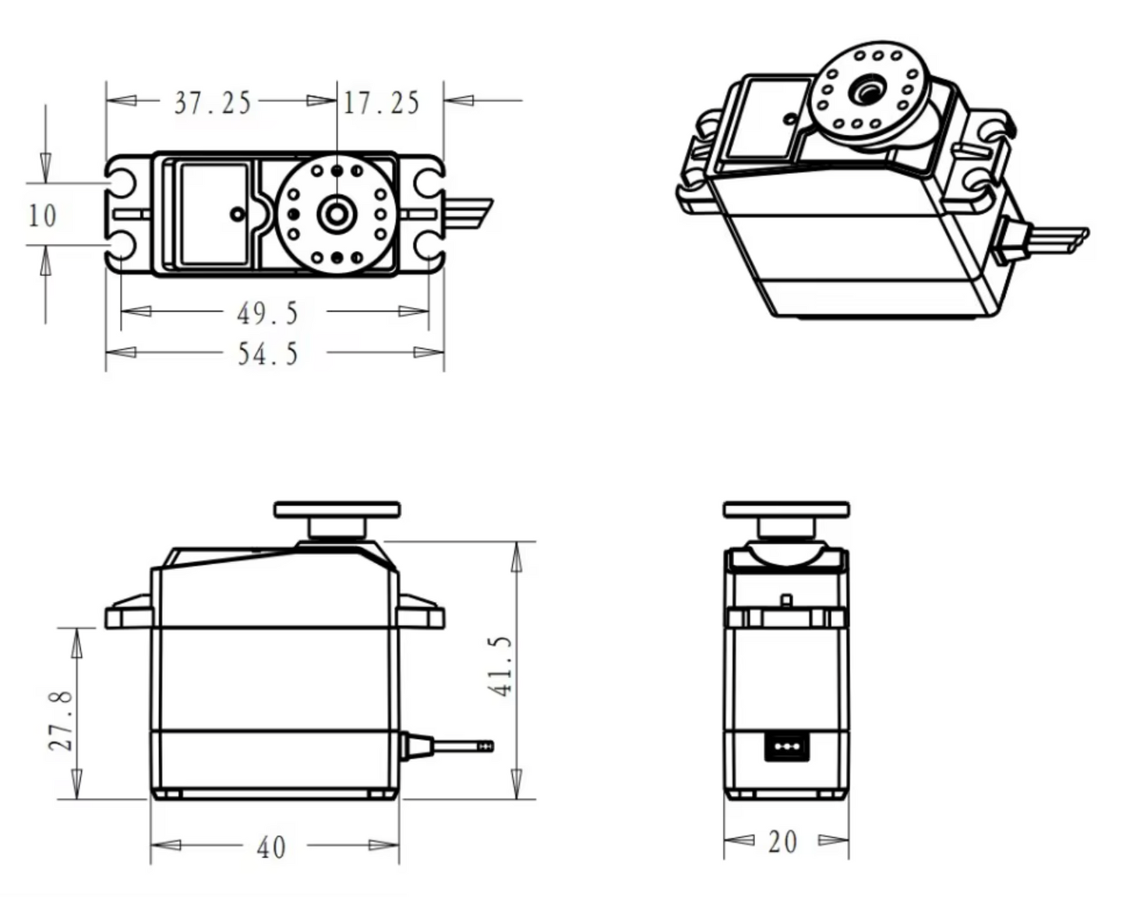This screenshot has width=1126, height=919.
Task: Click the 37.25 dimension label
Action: pos(213,103)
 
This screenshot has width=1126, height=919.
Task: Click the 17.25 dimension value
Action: pos(381,103)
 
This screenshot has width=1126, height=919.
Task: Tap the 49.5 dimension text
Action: pos(267,313)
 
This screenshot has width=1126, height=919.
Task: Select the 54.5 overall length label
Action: pos(267,354)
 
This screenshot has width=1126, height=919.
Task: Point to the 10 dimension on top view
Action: pos(42,216)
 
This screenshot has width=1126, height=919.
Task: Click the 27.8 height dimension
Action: pos(62,719)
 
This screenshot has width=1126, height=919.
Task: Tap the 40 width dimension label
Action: pos(271,847)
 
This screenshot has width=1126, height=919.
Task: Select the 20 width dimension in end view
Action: pos(782,842)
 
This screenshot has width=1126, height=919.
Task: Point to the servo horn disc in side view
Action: pos(337,511)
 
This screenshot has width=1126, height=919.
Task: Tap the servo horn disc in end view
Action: pos(785,511)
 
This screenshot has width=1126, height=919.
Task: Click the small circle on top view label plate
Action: pos(236,214)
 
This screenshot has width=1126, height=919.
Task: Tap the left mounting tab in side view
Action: pos(129,614)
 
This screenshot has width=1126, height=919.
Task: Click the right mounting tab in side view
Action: pos(422,614)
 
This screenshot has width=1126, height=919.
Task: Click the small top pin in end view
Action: pos(786,601)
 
